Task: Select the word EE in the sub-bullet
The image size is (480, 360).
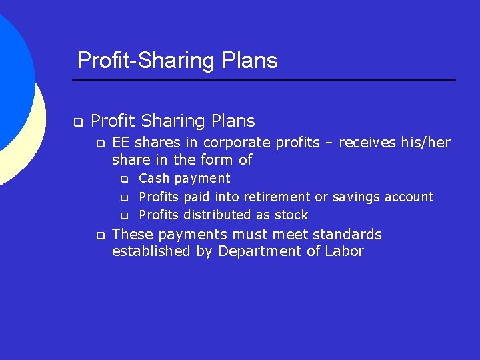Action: pos(121,143)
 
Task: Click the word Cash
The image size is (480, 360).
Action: pos(154,179)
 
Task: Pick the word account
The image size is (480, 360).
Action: pos(409,197)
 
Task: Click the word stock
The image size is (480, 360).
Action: pos(291,215)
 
